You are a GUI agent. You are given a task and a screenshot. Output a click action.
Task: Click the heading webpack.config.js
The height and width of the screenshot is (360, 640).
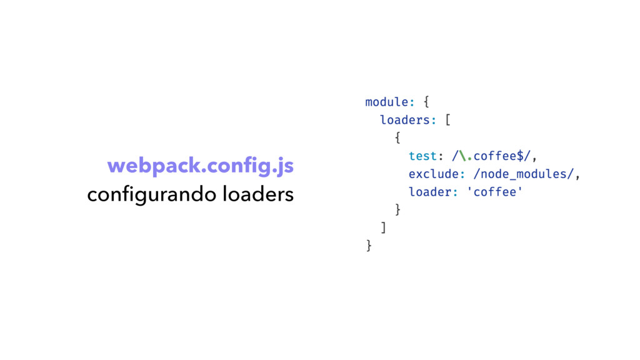click(x=200, y=167)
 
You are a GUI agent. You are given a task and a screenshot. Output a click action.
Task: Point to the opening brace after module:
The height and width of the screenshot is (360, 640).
click(x=426, y=101)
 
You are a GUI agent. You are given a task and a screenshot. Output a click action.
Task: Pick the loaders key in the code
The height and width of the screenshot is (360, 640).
click(x=405, y=119)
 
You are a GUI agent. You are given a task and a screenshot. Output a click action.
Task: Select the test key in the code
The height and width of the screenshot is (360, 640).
click(x=422, y=156)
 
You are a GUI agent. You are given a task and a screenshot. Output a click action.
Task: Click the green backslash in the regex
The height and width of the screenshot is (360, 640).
click(x=462, y=156)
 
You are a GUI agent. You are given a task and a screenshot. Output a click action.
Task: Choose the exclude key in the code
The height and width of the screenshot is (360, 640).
click(x=433, y=174)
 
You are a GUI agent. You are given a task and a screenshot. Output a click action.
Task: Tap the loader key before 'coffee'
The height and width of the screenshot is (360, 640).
click(x=429, y=192)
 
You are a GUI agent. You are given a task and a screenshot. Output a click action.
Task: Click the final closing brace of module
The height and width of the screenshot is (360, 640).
click(x=369, y=246)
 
